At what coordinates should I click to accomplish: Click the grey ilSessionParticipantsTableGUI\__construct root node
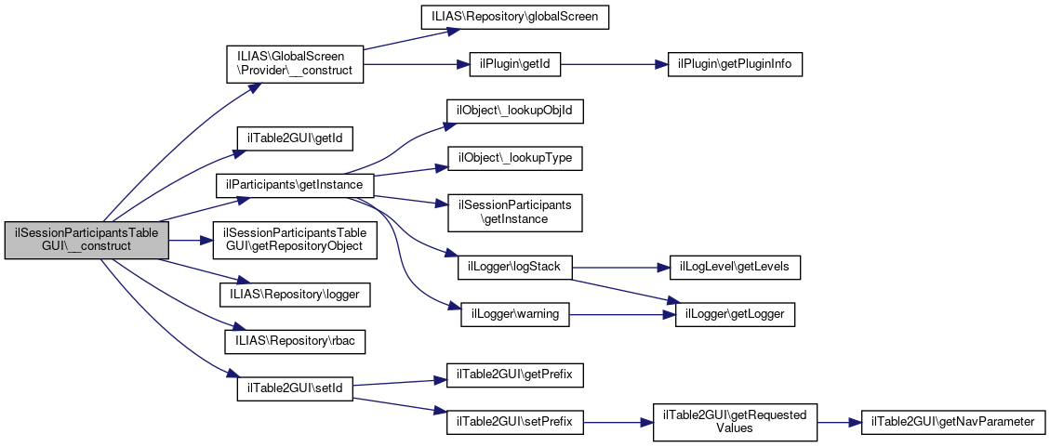click(x=86, y=240)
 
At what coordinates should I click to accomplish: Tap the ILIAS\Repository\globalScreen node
click(x=515, y=17)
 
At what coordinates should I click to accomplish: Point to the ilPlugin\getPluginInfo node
click(x=734, y=64)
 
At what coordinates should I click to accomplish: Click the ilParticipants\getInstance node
click(x=295, y=185)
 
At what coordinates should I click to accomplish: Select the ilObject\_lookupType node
click(x=515, y=159)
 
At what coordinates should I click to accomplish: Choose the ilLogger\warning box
click(x=515, y=314)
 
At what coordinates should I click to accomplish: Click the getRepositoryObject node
click(x=295, y=240)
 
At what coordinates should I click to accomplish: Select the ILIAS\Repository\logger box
click(x=295, y=294)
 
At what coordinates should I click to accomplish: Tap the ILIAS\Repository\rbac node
click(x=295, y=341)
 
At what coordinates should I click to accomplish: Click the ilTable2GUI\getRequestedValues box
click(x=735, y=422)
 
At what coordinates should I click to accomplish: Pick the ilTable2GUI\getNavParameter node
click(x=953, y=422)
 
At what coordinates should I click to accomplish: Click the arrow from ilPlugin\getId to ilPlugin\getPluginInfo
click(x=615, y=64)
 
